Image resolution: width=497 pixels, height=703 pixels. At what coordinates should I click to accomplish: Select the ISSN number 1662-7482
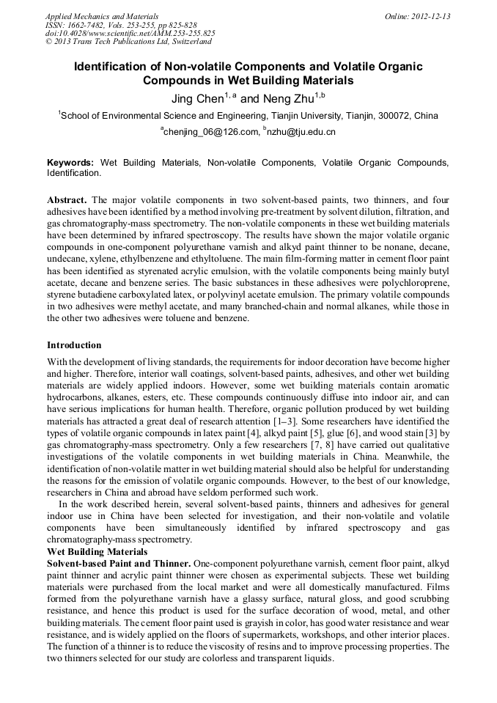pos(88,25)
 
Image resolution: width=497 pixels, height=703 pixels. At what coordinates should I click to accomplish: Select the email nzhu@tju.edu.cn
pos(301,132)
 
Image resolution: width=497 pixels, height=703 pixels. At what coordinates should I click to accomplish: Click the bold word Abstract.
pos(67,199)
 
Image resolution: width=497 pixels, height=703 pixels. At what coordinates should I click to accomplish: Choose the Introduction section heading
pos(74,345)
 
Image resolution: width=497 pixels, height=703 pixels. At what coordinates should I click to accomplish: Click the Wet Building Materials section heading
pos(97,551)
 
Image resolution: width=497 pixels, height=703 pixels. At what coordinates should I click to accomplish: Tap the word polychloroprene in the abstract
pos(416,281)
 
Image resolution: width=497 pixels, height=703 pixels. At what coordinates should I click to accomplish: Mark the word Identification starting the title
pos(117,67)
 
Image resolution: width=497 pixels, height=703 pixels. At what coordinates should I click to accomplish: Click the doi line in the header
pos(131,34)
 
